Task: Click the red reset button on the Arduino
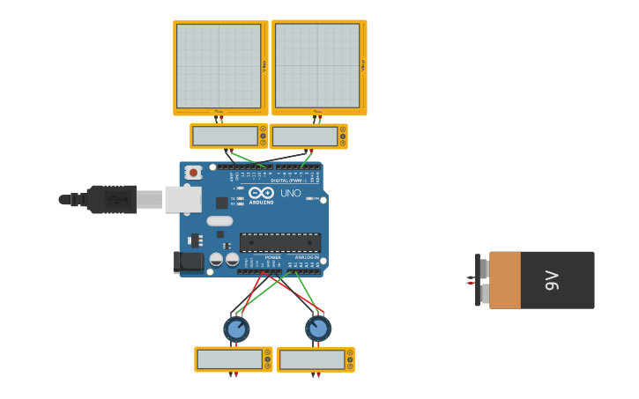point(192,173)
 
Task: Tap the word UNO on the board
point(290,193)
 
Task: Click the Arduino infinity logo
point(261,193)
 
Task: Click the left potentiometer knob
point(236,329)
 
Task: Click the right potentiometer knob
point(318,329)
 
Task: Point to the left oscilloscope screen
point(219,66)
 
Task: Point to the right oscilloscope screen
point(317,66)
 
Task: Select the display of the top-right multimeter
point(304,137)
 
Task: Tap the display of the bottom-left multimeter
point(229,359)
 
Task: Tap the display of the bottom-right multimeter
point(311,359)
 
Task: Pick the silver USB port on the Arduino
point(182,200)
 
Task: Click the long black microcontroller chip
point(279,242)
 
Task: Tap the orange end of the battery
point(504,280)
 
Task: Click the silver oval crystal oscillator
point(219,221)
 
